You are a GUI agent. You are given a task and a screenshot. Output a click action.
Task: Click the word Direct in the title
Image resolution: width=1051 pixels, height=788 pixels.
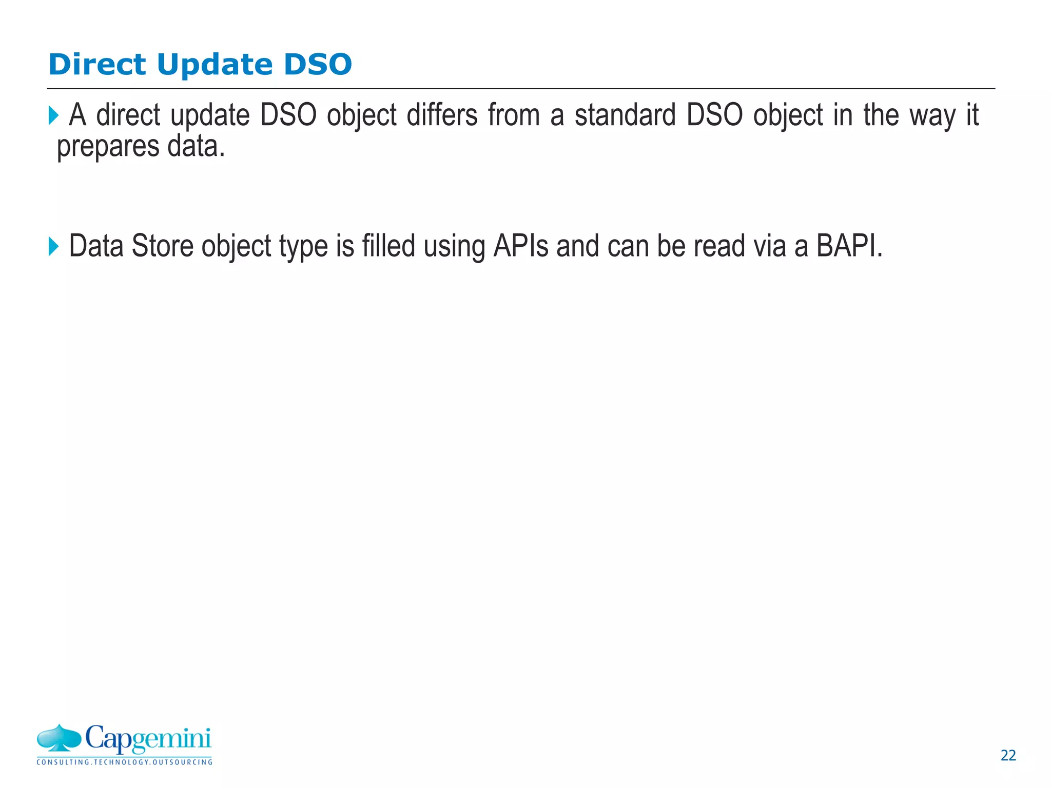pos(98,65)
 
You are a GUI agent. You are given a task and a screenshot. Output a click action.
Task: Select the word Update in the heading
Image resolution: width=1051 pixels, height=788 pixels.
pos(215,65)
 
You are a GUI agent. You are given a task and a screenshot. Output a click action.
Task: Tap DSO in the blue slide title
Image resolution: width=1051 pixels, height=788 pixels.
pos(318,65)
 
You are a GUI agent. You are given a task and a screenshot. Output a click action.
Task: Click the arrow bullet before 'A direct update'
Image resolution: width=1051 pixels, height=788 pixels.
pos(53,115)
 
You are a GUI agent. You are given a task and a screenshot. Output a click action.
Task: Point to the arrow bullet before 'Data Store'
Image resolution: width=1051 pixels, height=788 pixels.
pos(53,246)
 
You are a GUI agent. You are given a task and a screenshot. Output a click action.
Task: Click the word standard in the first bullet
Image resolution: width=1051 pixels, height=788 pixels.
pos(625,115)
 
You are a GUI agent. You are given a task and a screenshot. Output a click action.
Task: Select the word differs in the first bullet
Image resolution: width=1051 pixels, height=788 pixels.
pos(442,115)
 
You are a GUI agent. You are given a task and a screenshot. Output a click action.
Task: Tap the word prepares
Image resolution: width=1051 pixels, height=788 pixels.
pos(108,147)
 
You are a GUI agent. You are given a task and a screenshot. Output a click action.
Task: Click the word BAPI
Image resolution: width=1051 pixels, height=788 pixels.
pos(849,246)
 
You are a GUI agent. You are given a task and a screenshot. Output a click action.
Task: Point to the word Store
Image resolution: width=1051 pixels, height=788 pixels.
pos(163,246)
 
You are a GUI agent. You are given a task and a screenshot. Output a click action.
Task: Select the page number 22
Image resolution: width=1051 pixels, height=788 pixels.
pos(1008,756)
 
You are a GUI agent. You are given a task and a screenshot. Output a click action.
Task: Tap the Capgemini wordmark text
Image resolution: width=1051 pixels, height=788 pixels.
pos(148,739)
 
